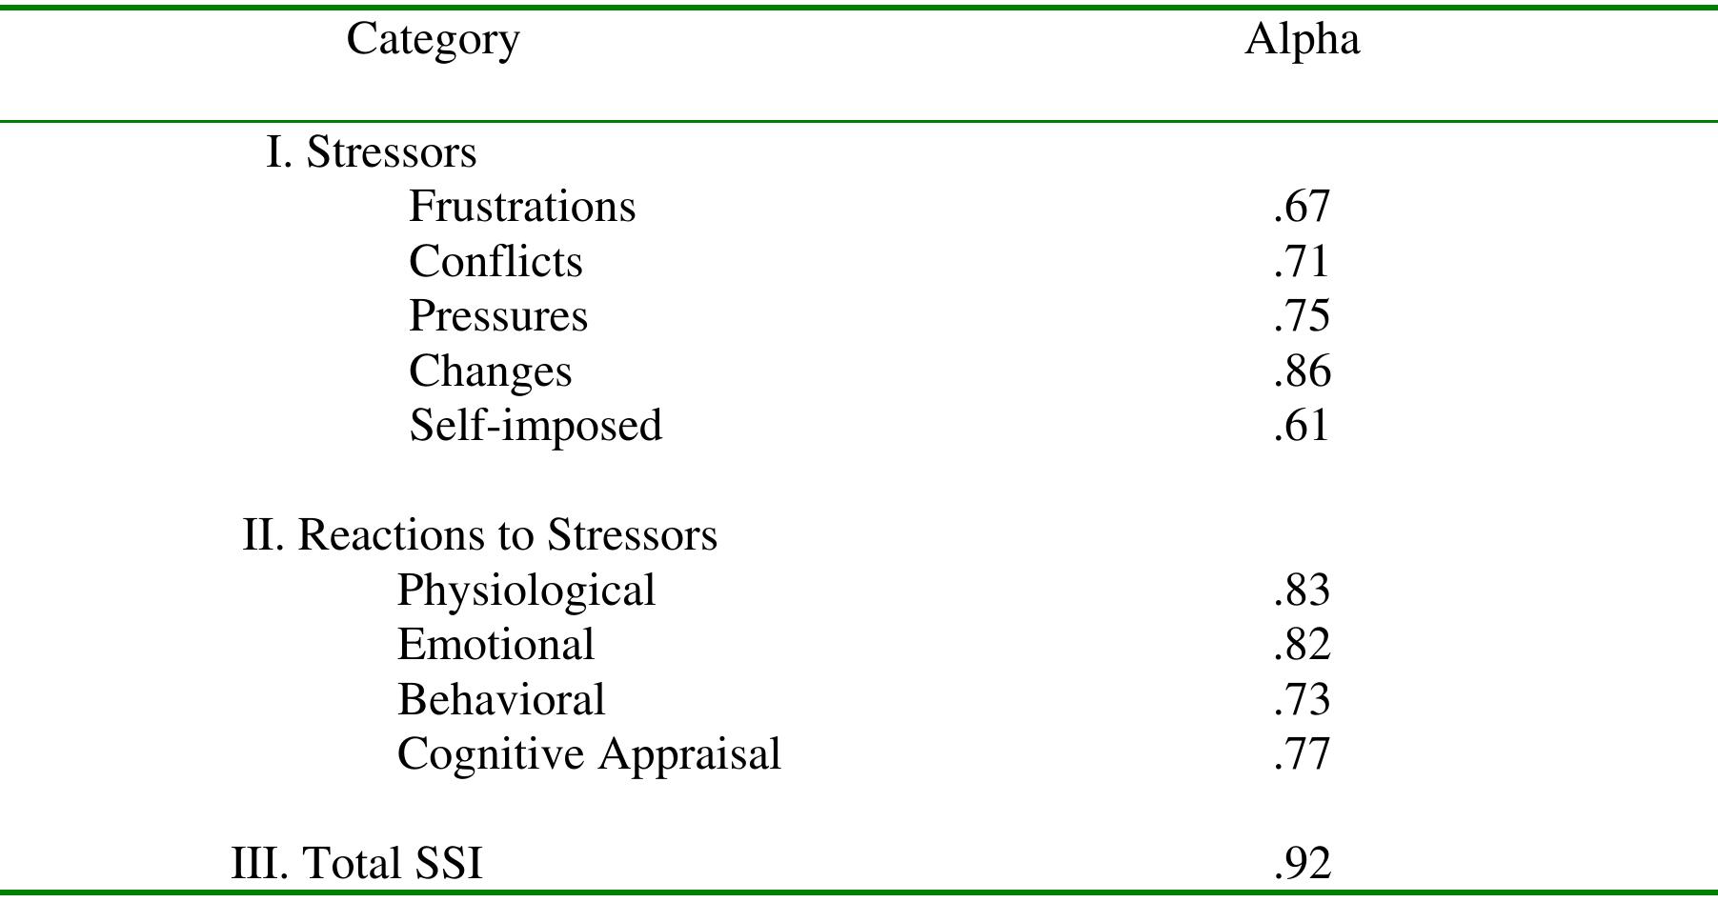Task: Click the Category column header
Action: (433, 40)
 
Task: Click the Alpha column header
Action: (1302, 39)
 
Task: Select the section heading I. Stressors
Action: (371, 152)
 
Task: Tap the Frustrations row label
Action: (521, 207)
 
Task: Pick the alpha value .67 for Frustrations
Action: (1301, 207)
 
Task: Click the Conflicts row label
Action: (495, 262)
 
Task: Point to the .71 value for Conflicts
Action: (1301, 262)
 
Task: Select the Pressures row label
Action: (497, 316)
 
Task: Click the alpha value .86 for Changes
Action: (1301, 371)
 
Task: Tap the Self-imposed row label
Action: (535, 426)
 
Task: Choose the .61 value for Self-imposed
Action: (1301, 426)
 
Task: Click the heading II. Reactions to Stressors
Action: (479, 535)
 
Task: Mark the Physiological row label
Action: (525, 591)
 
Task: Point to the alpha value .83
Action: (1301, 591)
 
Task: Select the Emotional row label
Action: (495, 645)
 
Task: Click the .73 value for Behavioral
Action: (1301, 700)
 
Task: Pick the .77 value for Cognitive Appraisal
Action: (1301, 755)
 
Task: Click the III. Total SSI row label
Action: (356, 864)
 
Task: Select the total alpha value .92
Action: (1301, 864)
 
